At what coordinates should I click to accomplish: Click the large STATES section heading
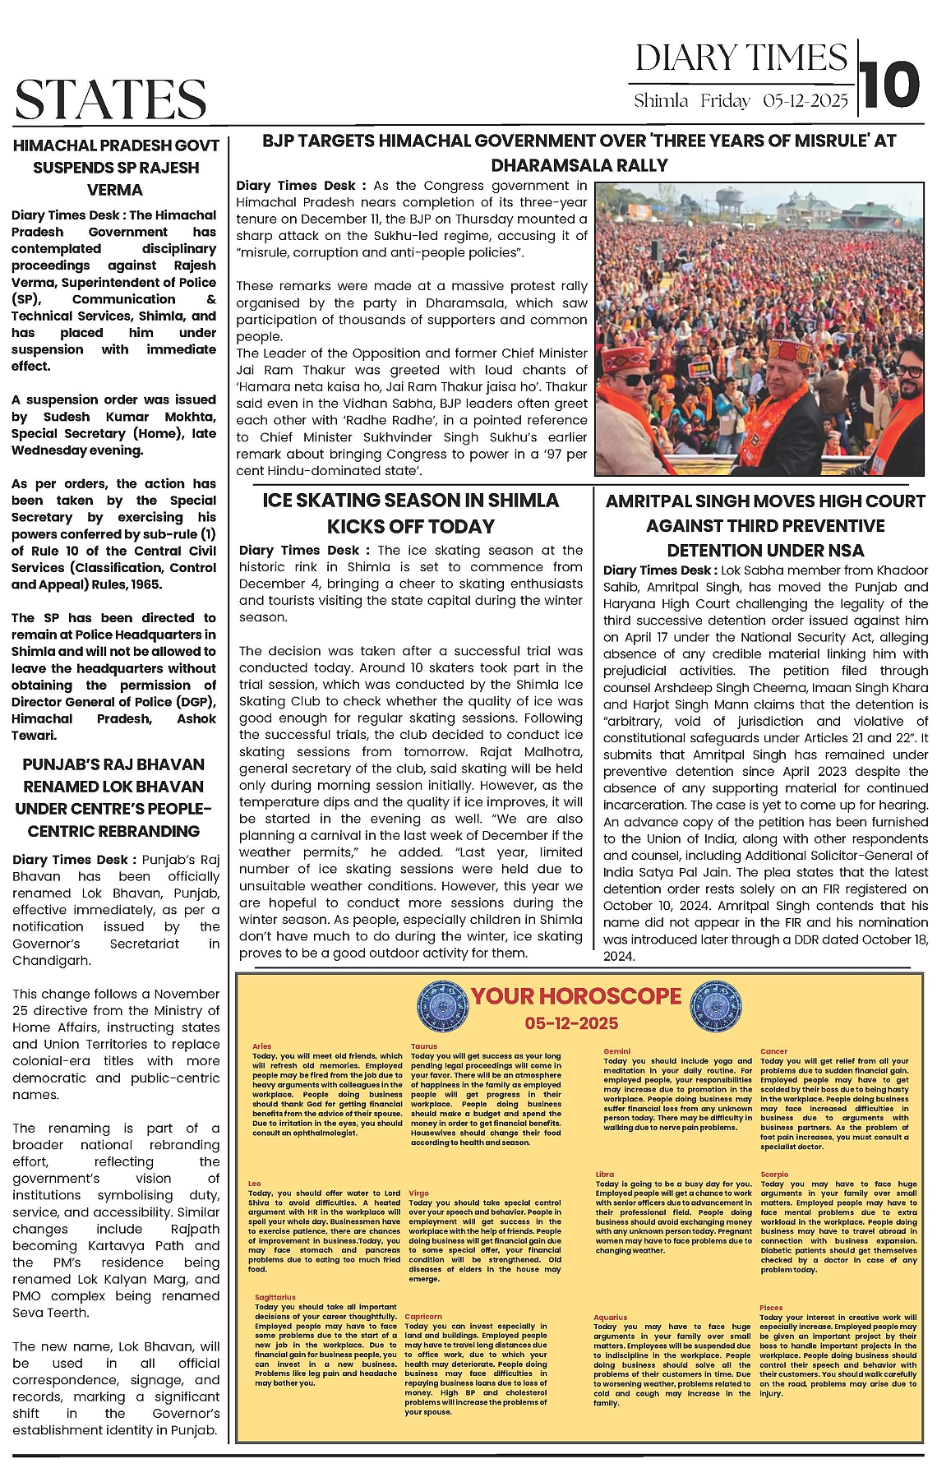tap(111, 99)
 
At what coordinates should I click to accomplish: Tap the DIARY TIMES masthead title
tap(741, 58)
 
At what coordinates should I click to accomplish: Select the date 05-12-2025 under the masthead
tap(805, 101)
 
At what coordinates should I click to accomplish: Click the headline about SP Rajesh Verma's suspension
tap(115, 168)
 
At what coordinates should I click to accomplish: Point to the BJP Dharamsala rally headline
tap(579, 153)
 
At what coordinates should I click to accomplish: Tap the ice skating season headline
tap(410, 513)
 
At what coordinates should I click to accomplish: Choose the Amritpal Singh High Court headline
tap(764, 525)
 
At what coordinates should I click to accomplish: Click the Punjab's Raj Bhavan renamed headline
tap(113, 797)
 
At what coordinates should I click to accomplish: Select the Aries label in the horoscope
tap(261, 1046)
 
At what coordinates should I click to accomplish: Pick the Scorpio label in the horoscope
tap(774, 1175)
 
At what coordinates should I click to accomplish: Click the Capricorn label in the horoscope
tap(423, 1317)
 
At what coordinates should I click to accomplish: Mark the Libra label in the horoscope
tap(605, 1175)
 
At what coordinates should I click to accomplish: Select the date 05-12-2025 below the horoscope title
tap(571, 1023)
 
